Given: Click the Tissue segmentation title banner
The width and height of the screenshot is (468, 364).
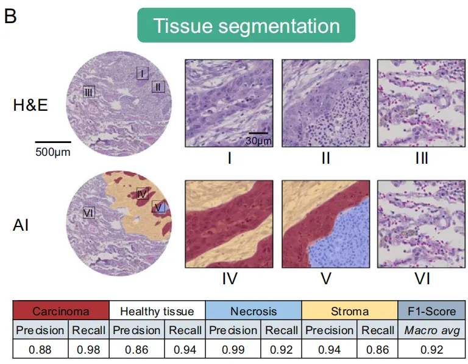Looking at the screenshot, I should tap(246, 26).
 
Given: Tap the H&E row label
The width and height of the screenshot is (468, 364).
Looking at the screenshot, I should tap(30, 105).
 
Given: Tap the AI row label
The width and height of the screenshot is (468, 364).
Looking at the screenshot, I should tap(21, 226).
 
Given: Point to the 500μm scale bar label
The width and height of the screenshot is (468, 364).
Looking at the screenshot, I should tap(52, 152).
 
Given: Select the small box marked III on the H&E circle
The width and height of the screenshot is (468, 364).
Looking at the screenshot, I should tap(89, 92).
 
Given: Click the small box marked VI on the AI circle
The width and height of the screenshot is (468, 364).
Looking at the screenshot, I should tap(88, 212).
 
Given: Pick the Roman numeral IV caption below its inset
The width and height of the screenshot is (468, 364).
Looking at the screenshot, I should tap(229, 279).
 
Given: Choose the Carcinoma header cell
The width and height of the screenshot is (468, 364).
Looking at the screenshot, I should tap(61, 311).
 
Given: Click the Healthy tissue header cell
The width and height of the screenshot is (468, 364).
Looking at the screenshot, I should tap(157, 311).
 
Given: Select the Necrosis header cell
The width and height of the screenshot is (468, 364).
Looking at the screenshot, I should tap(253, 311).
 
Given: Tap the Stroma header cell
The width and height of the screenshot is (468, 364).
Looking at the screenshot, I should tap(350, 311).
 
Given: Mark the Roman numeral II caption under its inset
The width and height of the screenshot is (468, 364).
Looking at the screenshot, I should tap(325, 159).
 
